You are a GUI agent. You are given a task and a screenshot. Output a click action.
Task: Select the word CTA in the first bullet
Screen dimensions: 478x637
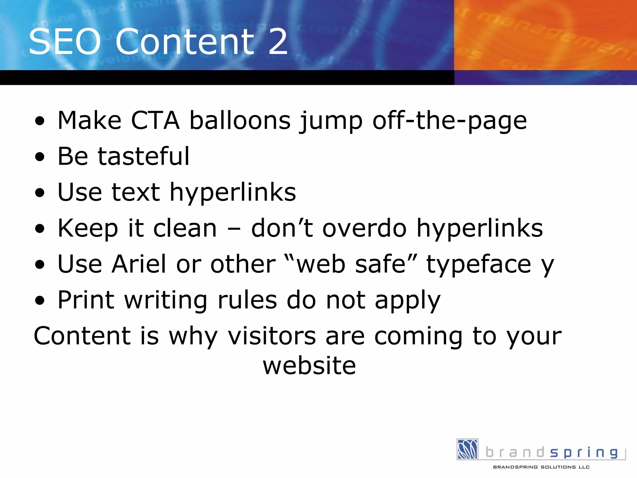pyautogui.click(x=155, y=120)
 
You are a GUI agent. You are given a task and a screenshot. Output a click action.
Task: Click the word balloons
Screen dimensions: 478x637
pyautogui.click(x=240, y=120)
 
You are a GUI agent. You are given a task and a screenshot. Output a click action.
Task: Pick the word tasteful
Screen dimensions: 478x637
pyautogui.click(x=143, y=156)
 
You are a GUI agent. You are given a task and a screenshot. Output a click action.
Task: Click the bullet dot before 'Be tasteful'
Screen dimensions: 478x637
pyautogui.click(x=40, y=157)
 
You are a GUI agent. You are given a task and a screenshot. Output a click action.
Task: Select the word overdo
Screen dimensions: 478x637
pyautogui.click(x=365, y=228)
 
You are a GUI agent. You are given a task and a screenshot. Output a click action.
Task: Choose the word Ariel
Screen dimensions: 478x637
pyautogui.click(x=139, y=264)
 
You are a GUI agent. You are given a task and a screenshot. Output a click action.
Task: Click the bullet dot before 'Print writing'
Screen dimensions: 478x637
pyautogui.click(x=40, y=301)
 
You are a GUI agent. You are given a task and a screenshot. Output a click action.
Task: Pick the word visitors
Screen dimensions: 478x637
pyautogui.click(x=272, y=336)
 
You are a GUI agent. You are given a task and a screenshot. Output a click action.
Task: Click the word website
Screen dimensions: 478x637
pyautogui.click(x=309, y=365)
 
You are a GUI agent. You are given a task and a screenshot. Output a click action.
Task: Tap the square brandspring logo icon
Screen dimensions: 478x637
pyautogui.click(x=467, y=449)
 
